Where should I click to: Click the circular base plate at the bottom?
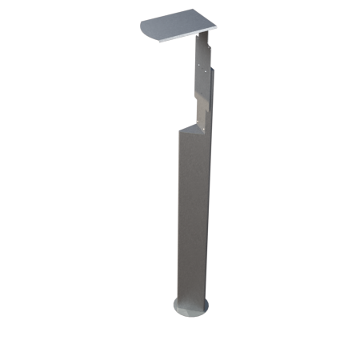(192, 306)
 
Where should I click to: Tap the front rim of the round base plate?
(192, 314)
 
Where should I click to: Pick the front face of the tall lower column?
(192, 216)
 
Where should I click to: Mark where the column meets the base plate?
(193, 300)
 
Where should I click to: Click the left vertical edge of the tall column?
(178, 216)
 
